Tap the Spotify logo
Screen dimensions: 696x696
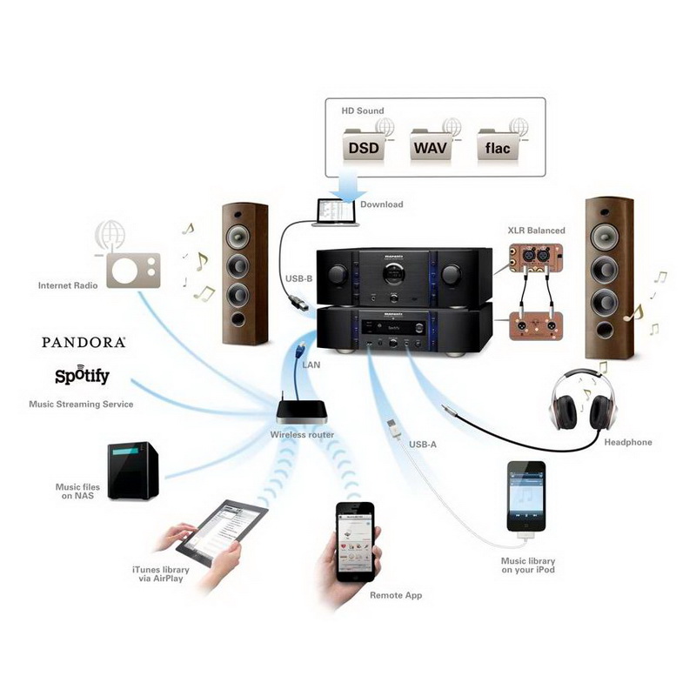(82, 375)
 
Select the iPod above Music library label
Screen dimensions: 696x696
(526, 497)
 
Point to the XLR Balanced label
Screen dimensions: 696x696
(536, 231)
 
